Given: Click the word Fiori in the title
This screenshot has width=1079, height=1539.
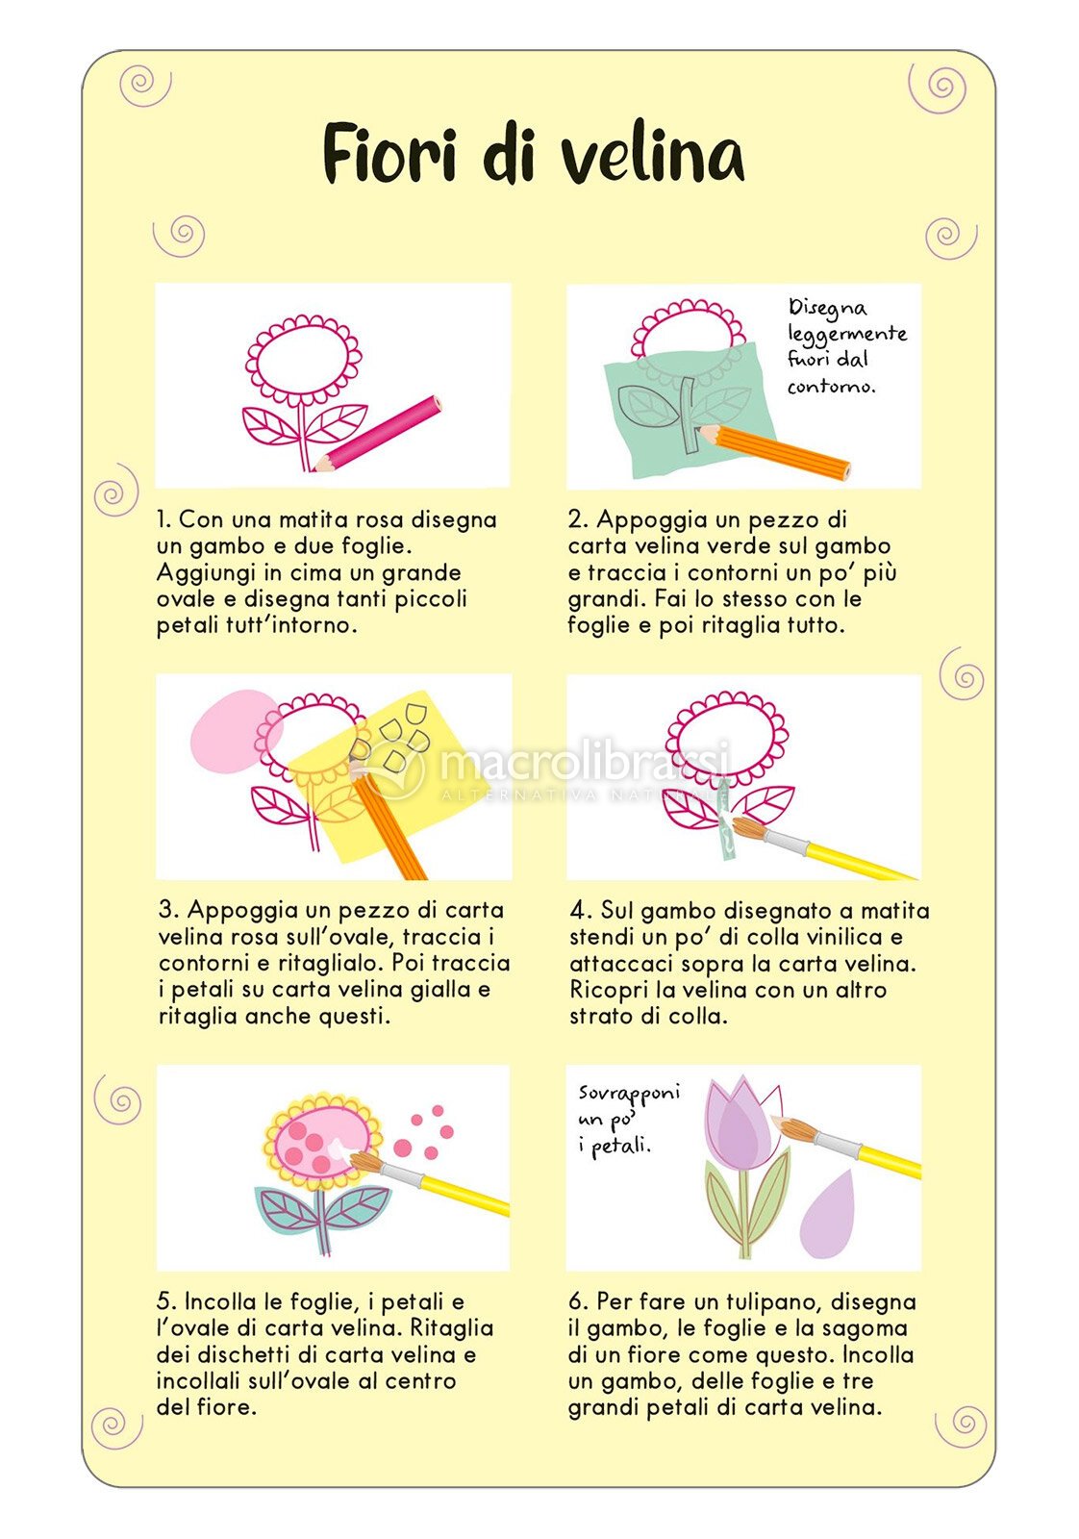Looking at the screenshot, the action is coord(389,153).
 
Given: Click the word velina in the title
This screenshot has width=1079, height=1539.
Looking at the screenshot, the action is coord(652,155).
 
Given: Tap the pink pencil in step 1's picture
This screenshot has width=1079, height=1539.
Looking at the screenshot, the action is coord(377,434).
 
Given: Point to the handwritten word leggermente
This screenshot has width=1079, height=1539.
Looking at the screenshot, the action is coord(847,334).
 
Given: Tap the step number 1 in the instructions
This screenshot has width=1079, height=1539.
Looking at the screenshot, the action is coord(163,519).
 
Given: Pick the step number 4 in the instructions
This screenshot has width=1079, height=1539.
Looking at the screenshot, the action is coord(578,910).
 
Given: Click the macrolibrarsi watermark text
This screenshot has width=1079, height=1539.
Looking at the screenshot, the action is coord(584,761).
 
